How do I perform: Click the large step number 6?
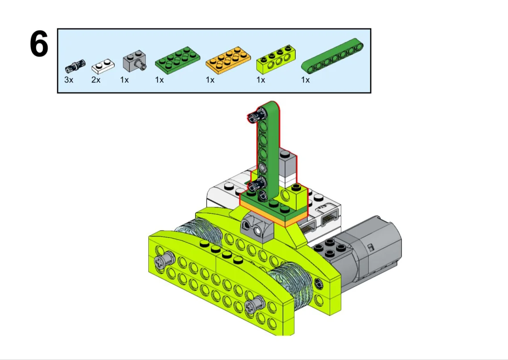pos(39,44)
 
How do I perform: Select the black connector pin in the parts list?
pos(75,66)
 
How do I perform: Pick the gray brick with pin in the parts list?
pos(134,61)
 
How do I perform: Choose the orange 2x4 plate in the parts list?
pos(228,60)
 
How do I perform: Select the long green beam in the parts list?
pos(332,55)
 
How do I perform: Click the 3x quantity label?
pos(69,80)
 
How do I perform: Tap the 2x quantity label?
pos(96,80)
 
